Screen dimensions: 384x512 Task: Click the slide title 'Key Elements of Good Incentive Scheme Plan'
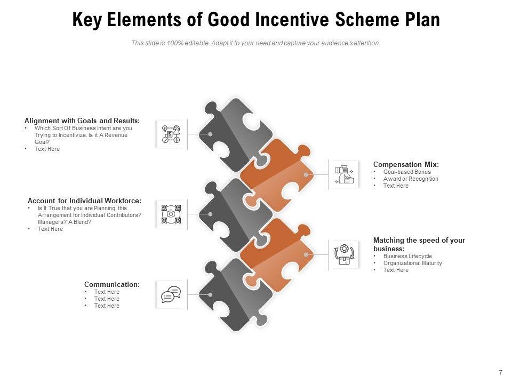point(255,20)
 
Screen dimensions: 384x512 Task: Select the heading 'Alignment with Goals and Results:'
point(82,121)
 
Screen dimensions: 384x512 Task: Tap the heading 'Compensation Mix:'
point(406,164)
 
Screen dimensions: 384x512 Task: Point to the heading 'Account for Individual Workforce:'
point(84,201)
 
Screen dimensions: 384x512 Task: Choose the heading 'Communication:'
point(112,284)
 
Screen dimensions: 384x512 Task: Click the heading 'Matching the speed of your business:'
point(419,244)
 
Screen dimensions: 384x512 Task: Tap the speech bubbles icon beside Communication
point(171,294)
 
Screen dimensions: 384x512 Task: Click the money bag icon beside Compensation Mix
point(344,174)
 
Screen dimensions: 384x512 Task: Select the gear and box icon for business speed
point(344,254)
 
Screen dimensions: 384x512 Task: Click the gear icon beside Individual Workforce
point(171,214)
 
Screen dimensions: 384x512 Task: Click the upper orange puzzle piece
point(277,173)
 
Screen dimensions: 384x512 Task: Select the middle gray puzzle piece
point(229,213)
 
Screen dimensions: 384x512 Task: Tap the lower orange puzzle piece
point(277,253)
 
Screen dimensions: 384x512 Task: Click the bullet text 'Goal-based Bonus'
point(407,172)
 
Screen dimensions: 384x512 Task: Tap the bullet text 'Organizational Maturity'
point(412,263)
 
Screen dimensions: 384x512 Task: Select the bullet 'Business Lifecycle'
point(407,256)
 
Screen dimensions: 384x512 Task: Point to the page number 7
point(500,372)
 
